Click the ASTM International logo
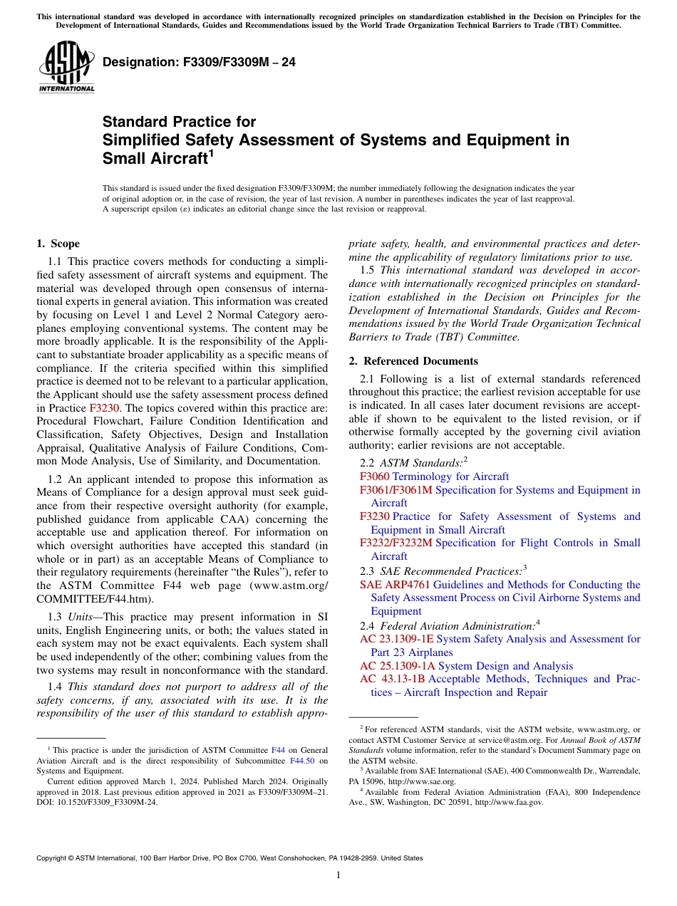(x=66, y=68)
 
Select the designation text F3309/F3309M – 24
(x=199, y=63)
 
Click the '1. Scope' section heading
(x=58, y=244)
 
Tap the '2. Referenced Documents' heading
(x=413, y=361)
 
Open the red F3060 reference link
(x=374, y=477)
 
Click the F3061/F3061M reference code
(x=396, y=490)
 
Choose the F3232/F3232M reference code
(x=396, y=543)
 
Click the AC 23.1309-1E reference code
(x=396, y=639)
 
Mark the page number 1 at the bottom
(x=338, y=875)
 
